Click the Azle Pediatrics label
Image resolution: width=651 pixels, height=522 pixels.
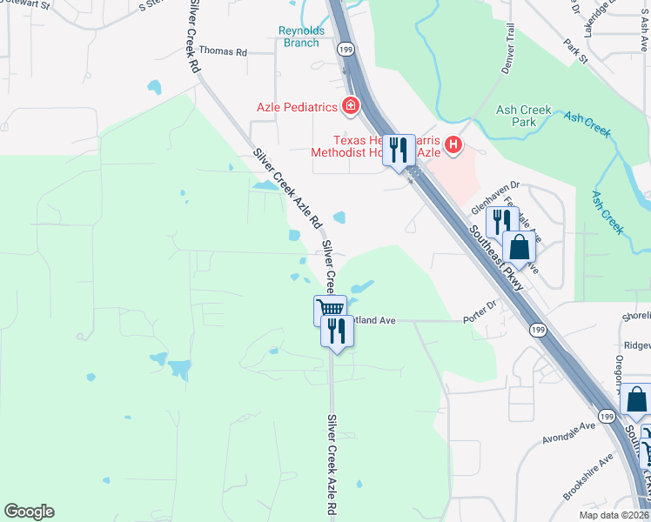296,108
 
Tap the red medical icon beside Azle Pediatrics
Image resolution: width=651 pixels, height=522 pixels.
350,107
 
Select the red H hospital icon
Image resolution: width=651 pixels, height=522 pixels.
453,145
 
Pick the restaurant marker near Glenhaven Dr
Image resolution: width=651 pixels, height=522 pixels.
503,222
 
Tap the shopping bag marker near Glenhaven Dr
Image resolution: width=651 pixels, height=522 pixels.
519,247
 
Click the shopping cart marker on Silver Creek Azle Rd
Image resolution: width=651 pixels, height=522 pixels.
330,310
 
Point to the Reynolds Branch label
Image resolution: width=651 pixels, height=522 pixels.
301,37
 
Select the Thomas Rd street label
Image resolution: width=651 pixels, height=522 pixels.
224,51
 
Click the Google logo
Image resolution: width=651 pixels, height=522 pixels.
29,512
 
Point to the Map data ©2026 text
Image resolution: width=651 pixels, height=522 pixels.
613,515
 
